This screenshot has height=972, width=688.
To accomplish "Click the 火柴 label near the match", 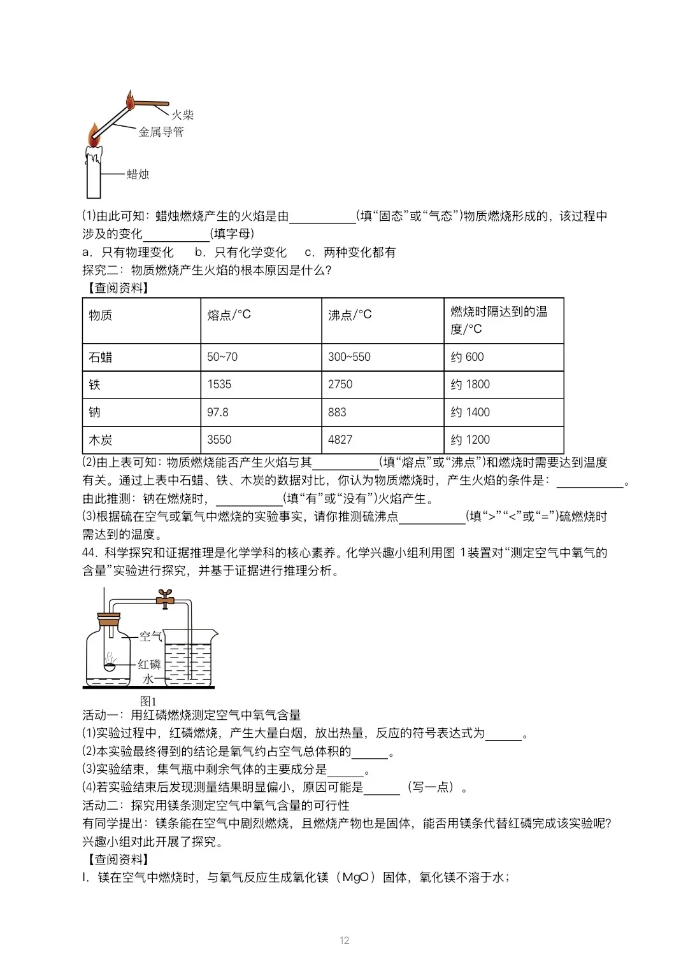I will [182, 115].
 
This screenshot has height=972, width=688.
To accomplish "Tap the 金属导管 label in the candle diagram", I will [161, 132].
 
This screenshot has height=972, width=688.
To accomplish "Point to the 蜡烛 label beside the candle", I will [138, 174].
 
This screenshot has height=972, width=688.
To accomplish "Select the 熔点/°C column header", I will [229, 314].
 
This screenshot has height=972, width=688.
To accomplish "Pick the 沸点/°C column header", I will [350, 314].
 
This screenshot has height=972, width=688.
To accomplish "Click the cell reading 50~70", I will [222, 357].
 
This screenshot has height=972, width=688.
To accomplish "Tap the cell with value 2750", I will [340, 384].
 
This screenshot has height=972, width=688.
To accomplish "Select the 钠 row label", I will [94, 412].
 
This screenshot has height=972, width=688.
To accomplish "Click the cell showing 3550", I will [219, 440].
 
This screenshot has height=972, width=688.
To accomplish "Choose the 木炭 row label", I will [101, 440].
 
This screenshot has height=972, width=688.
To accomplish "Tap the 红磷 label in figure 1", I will [149, 665].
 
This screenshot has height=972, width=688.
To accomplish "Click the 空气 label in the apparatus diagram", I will [150, 636].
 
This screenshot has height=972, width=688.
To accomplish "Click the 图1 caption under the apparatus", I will [148, 701].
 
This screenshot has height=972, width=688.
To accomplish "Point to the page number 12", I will [345, 940].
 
